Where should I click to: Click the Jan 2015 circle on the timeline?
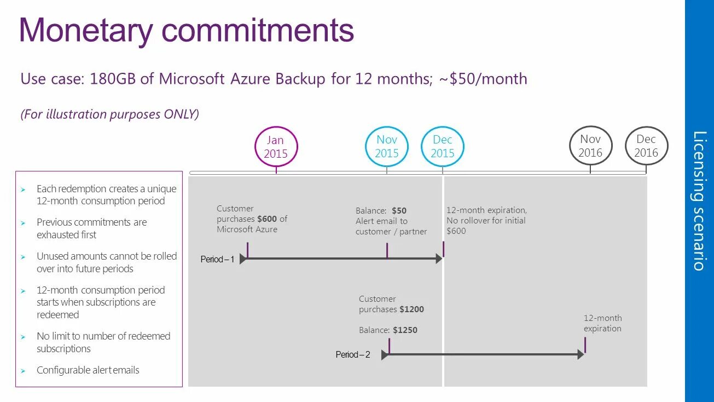pyautogui.click(x=276, y=147)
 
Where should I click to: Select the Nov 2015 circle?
pyautogui.click(x=387, y=146)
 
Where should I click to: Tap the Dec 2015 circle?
pyautogui.click(x=443, y=146)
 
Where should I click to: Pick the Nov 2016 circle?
pyautogui.click(x=590, y=146)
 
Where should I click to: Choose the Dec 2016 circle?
pyautogui.click(x=646, y=146)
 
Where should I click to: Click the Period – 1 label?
pyautogui.click(x=217, y=259)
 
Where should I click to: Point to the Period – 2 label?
pyautogui.click(x=353, y=354)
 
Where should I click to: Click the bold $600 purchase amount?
pyautogui.click(x=267, y=219)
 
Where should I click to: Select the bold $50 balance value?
pyautogui.click(x=399, y=210)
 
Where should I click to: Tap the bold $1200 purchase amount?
pyautogui.click(x=411, y=309)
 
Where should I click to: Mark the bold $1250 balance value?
pyautogui.click(x=405, y=330)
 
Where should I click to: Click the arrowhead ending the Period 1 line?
pyautogui.click(x=439, y=259)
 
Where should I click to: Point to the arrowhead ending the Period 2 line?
pyautogui.click(x=581, y=354)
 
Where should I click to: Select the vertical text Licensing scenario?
pyautogui.click(x=699, y=200)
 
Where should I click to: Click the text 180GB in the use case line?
pyautogui.click(x=113, y=79)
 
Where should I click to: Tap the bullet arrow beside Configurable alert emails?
pyautogui.click(x=24, y=371)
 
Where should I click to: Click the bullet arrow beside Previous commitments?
pyautogui.click(x=24, y=223)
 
